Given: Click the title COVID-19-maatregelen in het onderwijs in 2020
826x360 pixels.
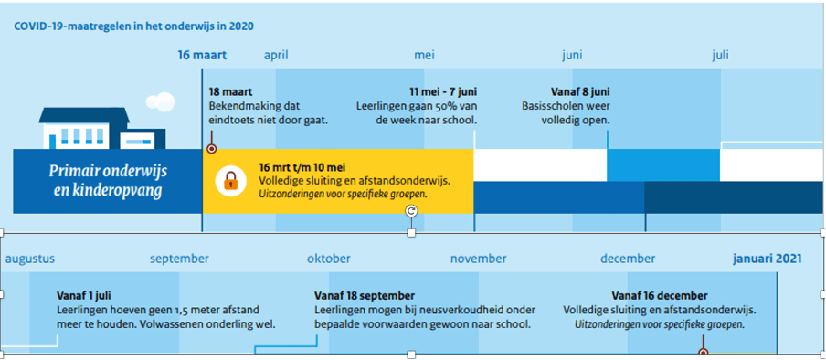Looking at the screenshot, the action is pyautogui.click(x=133, y=26).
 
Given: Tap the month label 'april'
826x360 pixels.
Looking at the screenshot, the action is pyautogui.click(x=276, y=56).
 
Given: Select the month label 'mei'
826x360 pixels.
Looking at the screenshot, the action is pyautogui.click(x=425, y=56).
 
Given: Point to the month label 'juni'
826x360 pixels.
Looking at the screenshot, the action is pyautogui.click(x=572, y=56).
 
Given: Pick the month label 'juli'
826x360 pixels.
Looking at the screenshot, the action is pyautogui.click(x=720, y=56).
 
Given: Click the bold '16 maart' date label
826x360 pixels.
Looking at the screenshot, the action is pyautogui.click(x=202, y=56).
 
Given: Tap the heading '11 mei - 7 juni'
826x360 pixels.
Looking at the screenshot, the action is pyautogui.click(x=443, y=91).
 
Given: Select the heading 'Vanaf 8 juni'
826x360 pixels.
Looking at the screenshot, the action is pyautogui.click(x=580, y=91).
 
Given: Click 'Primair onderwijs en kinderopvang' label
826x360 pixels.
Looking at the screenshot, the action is pyautogui.click(x=108, y=181).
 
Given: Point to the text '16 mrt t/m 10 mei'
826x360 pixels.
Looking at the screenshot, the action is pyautogui.click(x=302, y=168).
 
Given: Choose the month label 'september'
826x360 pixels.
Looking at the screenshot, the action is pyautogui.click(x=179, y=259).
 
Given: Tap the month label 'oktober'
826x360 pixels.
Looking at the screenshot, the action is pyautogui.click(x=329, y=259).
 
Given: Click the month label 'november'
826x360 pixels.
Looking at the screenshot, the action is pyautogui.click(x=478, y=259).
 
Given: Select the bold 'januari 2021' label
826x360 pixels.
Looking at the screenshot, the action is pyautogui.click(x=768, y=259).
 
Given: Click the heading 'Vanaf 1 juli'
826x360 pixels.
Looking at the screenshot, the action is pyautogui.click(x=84, y=296).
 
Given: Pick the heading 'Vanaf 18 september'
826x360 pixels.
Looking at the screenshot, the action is pyautogui.click(x=365, y=296).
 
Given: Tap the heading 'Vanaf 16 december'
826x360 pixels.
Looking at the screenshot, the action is pyautogui.click(x=660, y=296).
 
